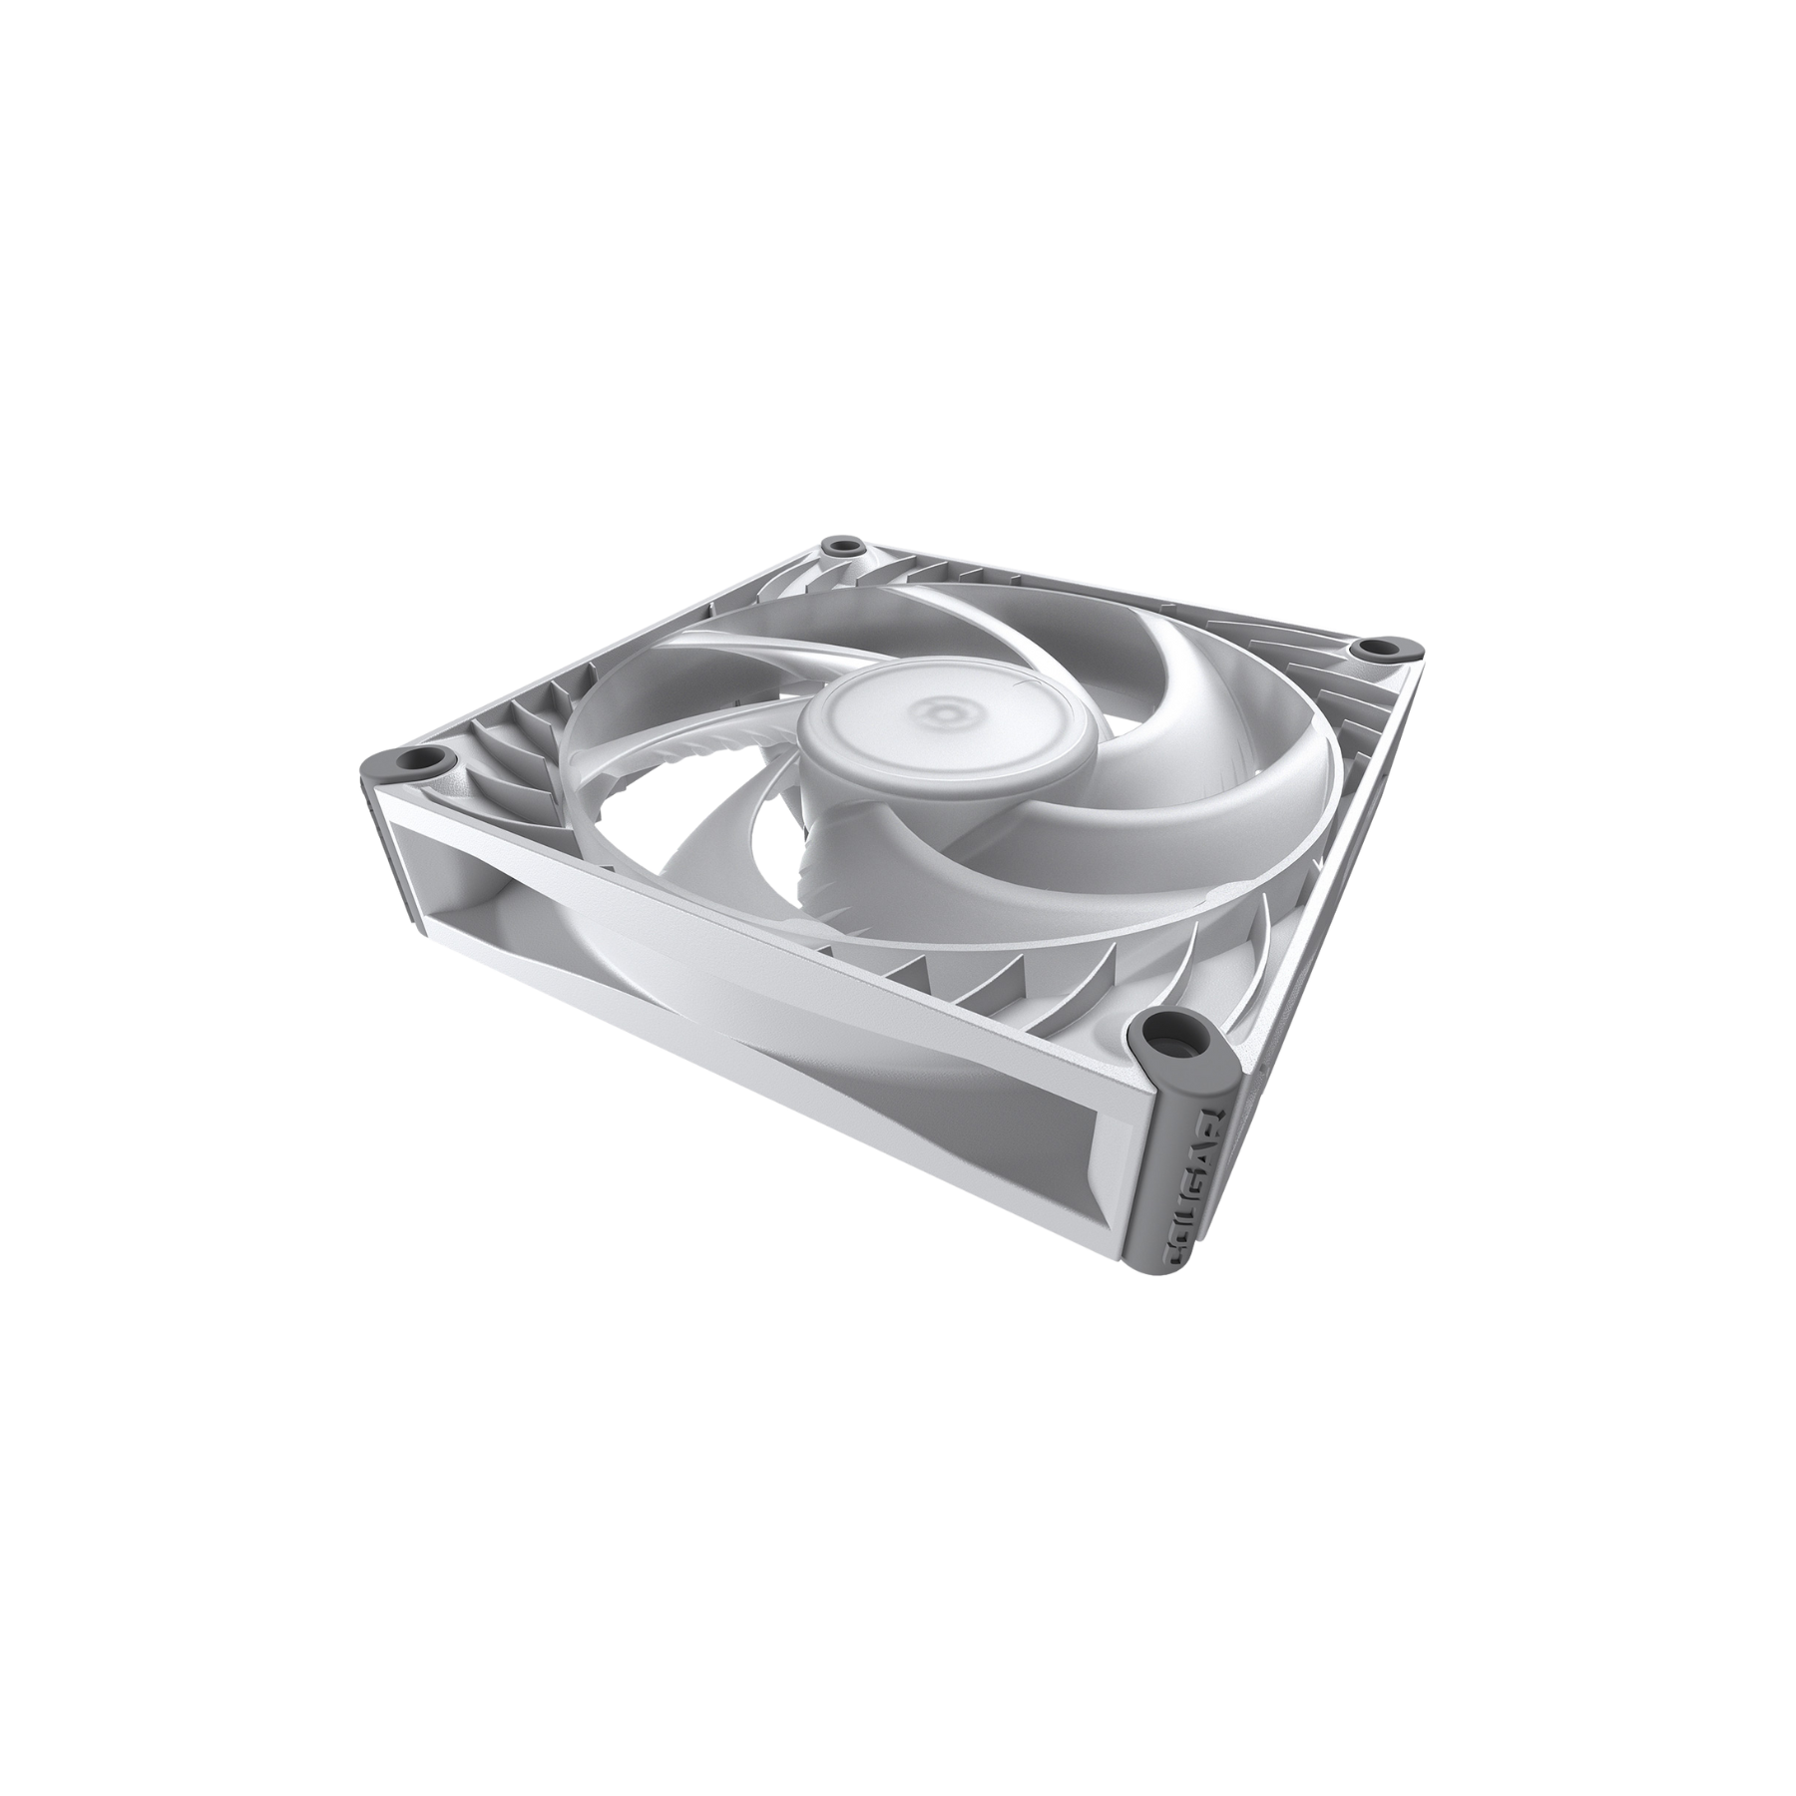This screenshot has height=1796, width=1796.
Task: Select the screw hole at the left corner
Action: pyautogui.click(x=424, y=761)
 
